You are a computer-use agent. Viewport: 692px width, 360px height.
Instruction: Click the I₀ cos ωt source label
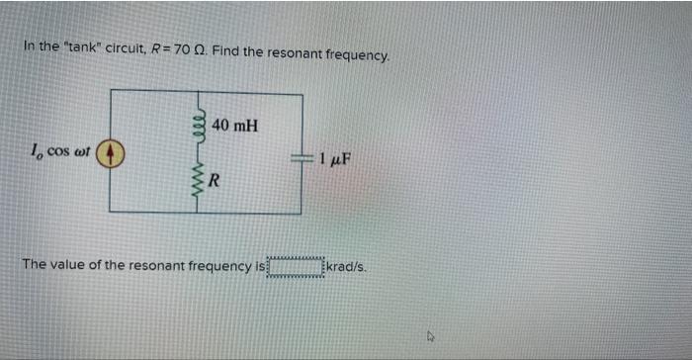(x=62, y=152)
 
